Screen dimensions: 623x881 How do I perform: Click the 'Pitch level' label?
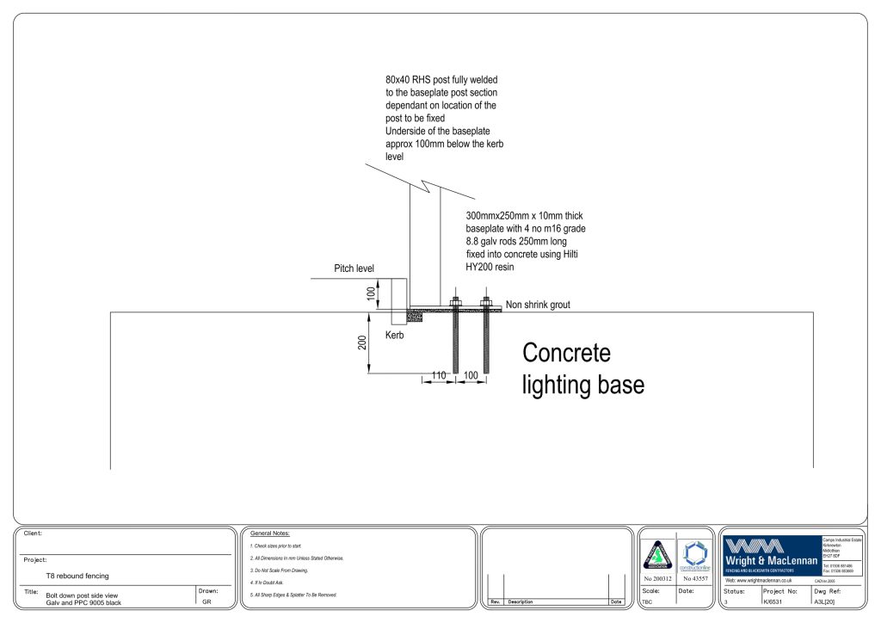coord(354,269)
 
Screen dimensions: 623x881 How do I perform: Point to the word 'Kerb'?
coord(394,336)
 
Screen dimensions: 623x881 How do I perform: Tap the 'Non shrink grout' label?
coord(538,305)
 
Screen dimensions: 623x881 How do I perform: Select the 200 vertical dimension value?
coord(361,343)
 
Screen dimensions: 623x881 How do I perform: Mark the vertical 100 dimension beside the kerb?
coord(371,293)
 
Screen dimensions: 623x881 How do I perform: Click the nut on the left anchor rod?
coord(454,303)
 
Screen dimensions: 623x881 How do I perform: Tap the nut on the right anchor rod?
coord(486,303)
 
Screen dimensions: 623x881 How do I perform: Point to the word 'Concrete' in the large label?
coord(567,353)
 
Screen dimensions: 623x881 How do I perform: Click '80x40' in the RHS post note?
coord(398,79)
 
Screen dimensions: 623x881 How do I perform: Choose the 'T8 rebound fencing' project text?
coord(77,576)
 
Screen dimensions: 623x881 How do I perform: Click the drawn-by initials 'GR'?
coord(206,601)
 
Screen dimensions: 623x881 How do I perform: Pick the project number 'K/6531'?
coord(775,601)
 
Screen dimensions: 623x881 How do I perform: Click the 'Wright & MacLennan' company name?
coord(770,561)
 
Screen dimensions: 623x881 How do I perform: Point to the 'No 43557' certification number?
coord(695,578)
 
